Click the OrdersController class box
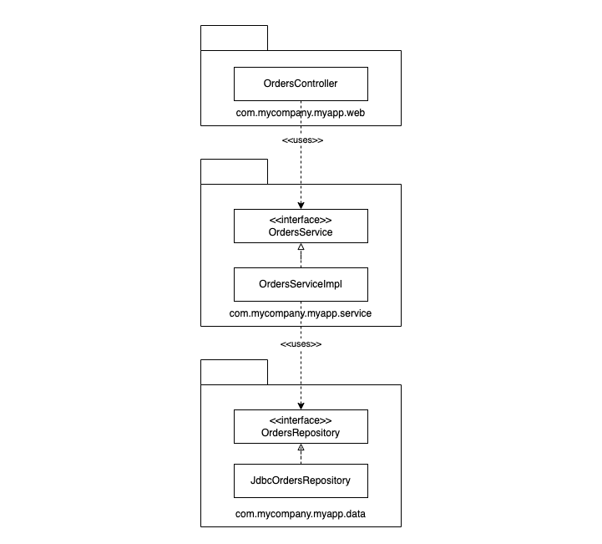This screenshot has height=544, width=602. click(301, 84)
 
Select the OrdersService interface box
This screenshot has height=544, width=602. click(301, 226)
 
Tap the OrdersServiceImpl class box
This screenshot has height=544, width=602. click(301, 284)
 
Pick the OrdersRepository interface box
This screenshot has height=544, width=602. click(301, 426)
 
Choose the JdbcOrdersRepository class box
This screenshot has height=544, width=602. click(301, 480)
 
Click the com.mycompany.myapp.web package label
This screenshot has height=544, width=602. click(301, 113)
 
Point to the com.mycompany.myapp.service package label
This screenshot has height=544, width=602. click(301, 313)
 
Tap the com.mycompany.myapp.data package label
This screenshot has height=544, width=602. click(301, 514)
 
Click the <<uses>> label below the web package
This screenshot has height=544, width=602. click(302, 140)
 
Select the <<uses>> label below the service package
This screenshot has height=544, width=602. click(301, 344)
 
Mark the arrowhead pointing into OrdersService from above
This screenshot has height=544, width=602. click(301, 206)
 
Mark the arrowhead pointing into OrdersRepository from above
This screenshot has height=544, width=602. click(301, 406)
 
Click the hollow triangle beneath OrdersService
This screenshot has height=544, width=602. click(301, 247)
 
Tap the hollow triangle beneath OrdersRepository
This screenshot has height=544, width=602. click(301, 447)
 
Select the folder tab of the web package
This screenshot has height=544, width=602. click(234, 38)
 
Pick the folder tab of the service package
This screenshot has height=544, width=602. click(234, 171)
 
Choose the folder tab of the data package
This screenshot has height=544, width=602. click(234, 372)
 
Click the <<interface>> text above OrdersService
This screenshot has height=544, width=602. click(301, 220)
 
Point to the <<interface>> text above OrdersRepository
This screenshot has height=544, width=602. click(301, 420)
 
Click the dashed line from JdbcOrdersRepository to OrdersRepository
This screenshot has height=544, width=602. click(301, 457)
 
